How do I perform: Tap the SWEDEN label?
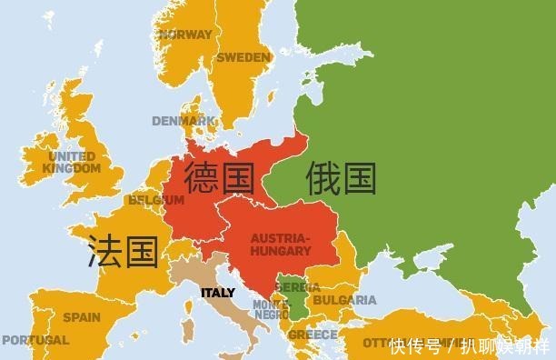[x=243, y=57]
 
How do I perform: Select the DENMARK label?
[x=178, y=120]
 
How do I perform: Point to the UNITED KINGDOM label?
[x=73, y=162]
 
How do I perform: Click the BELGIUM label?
[x=151, y=199]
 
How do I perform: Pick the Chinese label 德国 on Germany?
[x=219, y=177]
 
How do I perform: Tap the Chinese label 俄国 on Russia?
[x=341, y=177]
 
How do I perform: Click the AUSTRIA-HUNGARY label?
[x=280, y=244]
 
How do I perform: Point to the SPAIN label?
[x=82, y=317]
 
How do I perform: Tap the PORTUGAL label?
[x=35, y=340]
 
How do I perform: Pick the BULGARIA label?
[x=344, y=300]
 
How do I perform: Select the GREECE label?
[x=313, y=335]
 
